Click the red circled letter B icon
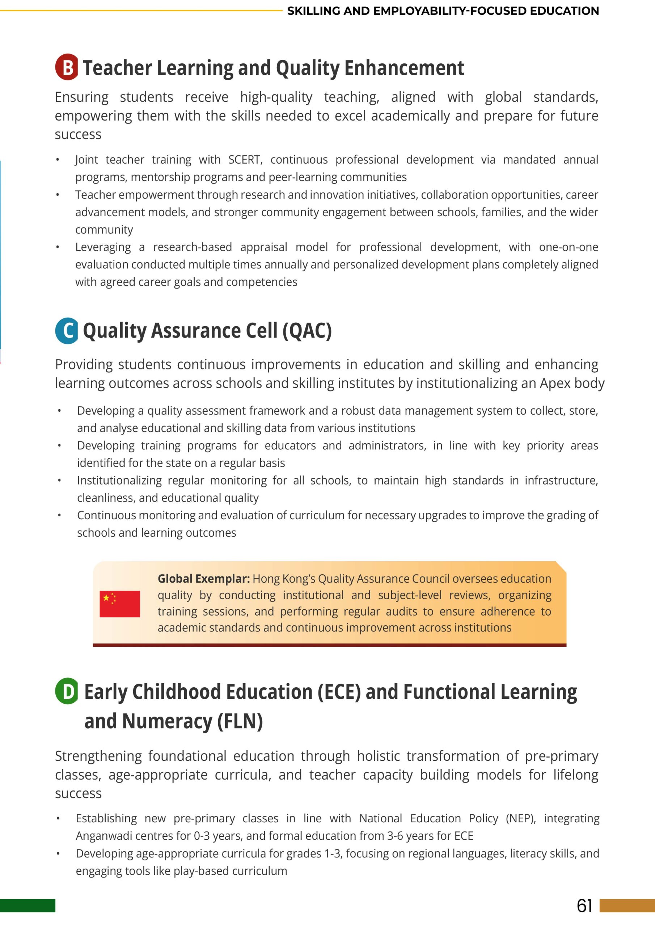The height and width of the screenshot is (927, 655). pos(67,67)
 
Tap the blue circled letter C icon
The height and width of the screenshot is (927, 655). pos(67,331)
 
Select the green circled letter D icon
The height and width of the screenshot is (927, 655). pos(67,691)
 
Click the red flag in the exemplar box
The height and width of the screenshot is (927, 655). pos(120,604)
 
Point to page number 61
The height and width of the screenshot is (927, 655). pos(584,906)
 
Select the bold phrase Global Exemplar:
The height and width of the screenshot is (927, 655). pos(203,579)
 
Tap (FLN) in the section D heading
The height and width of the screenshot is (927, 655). pos(240,721)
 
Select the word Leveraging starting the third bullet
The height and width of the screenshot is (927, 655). pos(103,247)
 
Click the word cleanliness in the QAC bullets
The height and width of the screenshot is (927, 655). pos(106,498)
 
